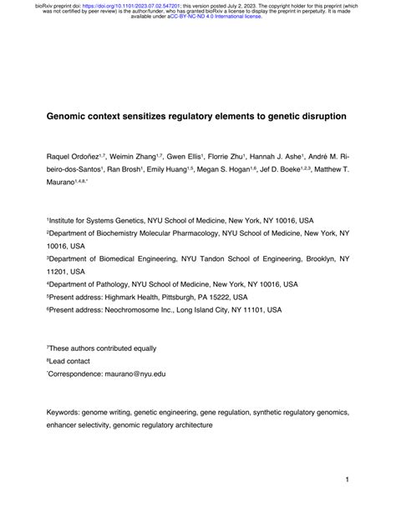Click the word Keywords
click(x=63, y=412)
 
